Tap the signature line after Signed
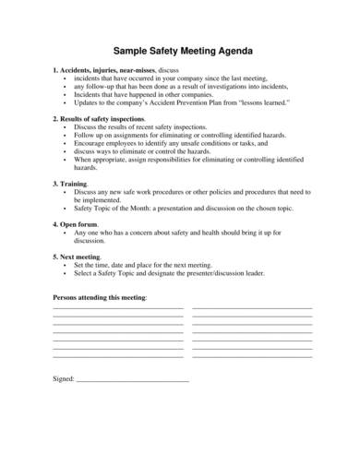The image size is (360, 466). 131,380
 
